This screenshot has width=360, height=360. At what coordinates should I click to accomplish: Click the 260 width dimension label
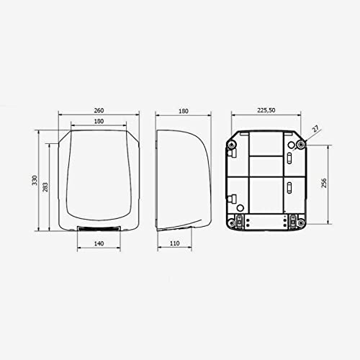99,111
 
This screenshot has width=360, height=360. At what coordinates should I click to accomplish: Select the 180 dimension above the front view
99,121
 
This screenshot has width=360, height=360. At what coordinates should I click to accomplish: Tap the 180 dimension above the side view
184,111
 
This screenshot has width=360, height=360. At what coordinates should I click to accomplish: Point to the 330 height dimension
35,180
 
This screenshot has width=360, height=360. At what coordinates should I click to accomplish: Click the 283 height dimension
45,187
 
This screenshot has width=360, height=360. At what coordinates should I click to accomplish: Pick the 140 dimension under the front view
99,243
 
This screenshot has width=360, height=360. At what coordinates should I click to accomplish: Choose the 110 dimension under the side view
174,243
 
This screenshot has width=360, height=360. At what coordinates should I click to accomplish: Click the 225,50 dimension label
266,110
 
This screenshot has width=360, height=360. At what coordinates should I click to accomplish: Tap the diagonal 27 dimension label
316,129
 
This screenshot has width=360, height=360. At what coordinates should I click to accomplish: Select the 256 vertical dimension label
324,183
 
